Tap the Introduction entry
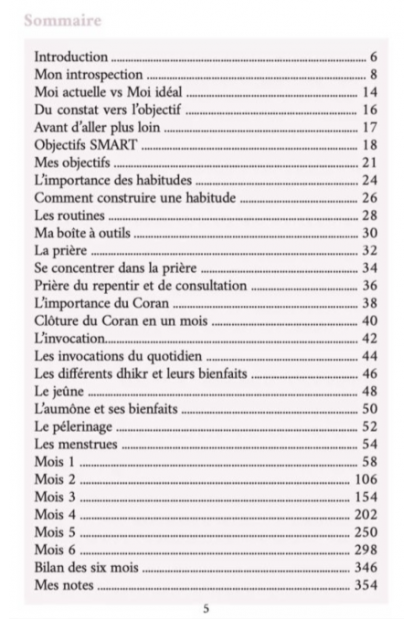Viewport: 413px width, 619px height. [x=70, y=58]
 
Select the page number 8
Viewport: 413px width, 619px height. [x=374, y=75]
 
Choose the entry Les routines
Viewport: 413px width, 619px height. [x=69, y=215]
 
